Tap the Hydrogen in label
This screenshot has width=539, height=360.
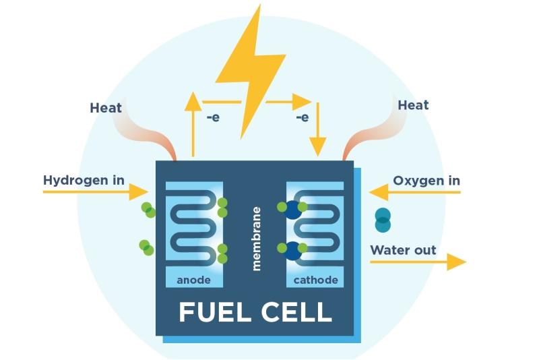tap(84, 180)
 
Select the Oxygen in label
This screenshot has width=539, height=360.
tap(426, 181)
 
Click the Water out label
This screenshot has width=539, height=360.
tap(403, 250)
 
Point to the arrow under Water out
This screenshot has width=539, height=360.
tap(418, 262)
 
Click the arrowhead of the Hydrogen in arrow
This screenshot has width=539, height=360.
tap(139, 192)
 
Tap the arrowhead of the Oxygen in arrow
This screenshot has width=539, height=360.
tap(379, 192)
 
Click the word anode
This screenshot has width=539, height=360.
tap(193, 280)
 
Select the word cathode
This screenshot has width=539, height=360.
tap(315, 280)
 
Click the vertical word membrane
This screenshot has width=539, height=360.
tap(257, 239)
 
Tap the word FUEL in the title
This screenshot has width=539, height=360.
tap(214, 312)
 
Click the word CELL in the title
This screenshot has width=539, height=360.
tap(296, 312)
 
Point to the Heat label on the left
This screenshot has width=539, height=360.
tap(106, 108)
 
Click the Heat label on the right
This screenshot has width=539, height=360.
tap(413, 105)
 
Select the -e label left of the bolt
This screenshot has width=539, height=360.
tap(213, 117)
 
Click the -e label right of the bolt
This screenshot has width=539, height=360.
tap(303, 117)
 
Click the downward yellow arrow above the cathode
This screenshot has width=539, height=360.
tap(317, 129)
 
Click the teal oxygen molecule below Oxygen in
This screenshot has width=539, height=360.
tap(383, 220)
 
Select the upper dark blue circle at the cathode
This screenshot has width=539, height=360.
tap(293, 210)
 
